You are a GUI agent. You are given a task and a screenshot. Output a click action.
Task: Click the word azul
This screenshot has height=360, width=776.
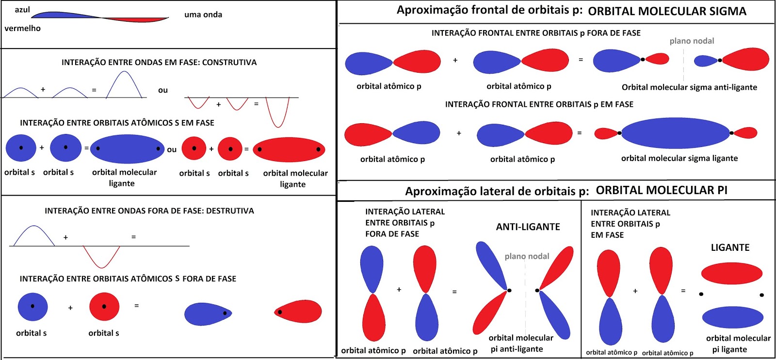pos(22,10)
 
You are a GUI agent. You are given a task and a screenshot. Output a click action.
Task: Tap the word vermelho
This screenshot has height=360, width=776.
pos(22,28)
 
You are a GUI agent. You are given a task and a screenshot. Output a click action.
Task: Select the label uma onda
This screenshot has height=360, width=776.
pos(203,15)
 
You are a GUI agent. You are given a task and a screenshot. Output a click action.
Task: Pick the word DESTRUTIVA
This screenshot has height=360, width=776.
pos(230,211)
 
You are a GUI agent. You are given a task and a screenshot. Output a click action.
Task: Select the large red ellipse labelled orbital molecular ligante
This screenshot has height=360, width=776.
pos(289,150)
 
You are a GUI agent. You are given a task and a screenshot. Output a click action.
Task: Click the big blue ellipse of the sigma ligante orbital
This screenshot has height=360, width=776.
pos(676,133)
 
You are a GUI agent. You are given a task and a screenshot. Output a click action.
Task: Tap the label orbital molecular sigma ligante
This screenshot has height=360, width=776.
pos(679,158)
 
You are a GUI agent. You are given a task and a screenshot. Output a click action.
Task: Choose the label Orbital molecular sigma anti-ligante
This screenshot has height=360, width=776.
pos(689,87)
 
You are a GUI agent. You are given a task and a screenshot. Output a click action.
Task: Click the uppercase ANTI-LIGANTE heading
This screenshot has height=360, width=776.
pos(528,227)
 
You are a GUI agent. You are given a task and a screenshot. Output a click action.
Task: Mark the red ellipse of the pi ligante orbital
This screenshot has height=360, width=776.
pos(732,273)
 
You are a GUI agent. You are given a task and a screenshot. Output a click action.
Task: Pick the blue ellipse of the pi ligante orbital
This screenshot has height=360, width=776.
pos(733,317)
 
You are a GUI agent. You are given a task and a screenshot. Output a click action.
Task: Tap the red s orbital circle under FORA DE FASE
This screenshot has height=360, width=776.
pos(104,307)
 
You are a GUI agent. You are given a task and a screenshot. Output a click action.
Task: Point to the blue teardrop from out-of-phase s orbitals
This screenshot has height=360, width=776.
pos(208,314)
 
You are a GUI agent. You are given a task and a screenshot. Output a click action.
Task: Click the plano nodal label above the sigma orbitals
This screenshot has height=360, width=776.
pos(692,41)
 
